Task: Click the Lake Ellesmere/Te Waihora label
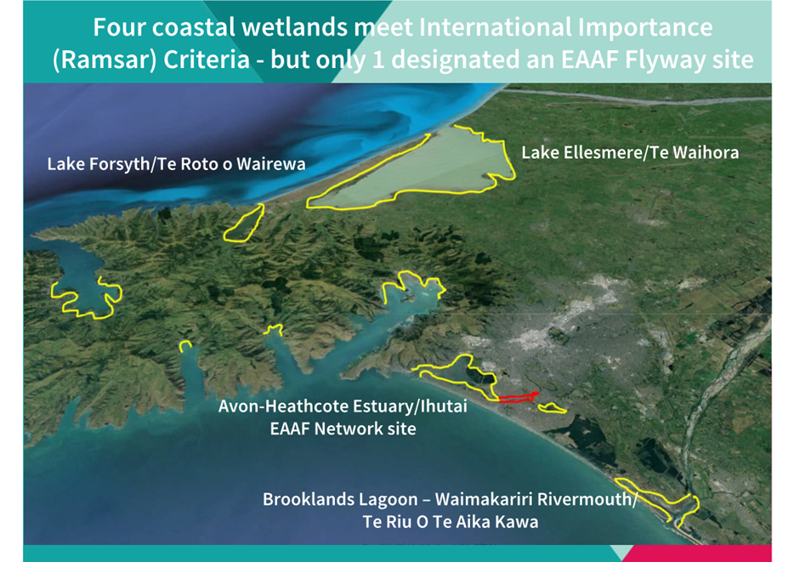point(630,153)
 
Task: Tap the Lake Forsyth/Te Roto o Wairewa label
point(176,164)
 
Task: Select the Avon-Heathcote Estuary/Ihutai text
point(343,406)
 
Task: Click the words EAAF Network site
point(343,429)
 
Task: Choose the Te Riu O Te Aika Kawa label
point(451,522)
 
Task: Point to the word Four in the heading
point(119,27)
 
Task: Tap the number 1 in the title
point(377,60)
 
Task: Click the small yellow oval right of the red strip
point(552,408)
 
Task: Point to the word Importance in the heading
point(645,27)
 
